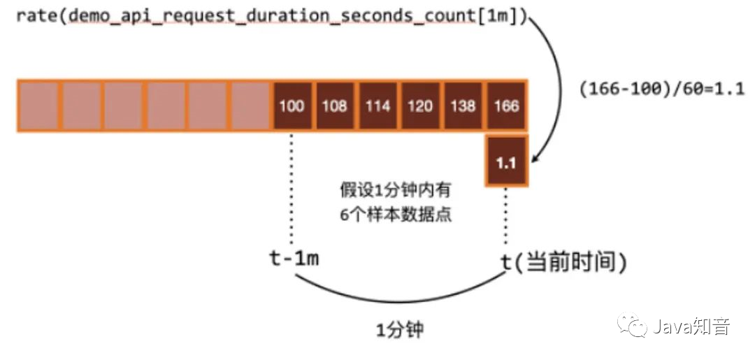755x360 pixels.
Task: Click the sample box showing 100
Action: [x=292, y=106]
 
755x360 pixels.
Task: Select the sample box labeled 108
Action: [x=335, y=106]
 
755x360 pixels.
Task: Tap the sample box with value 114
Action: [x=377, y=106]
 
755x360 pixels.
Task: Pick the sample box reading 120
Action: [x=420, y=106]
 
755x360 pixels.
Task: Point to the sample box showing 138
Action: [x=463, y=106]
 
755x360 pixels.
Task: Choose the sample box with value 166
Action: [x=506, y=106]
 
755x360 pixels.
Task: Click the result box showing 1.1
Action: [x=506, y=163]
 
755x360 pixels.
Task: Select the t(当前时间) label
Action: [x=563, y=262]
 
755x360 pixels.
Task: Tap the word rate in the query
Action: [x=36, y=15]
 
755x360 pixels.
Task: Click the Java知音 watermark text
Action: [x=692, y=326]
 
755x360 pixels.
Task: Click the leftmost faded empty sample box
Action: [x=39, y=106]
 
